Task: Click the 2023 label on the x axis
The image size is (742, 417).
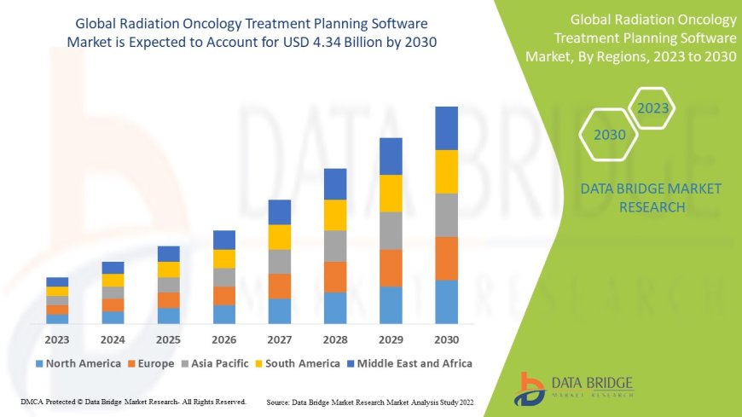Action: click(x=57, y=339)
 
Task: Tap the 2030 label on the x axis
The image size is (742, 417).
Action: click(x=446, y=339)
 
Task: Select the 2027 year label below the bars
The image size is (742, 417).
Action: click(x=279, y=339)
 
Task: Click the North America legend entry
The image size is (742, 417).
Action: click(x=78, y=363)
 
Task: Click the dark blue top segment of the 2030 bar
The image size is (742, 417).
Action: click(x=446, y=128)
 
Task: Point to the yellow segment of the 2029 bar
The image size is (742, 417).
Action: click(x=391, y=193)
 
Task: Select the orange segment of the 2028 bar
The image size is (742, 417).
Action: click(x=335, y=276)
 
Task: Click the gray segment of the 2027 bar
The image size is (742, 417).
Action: click(x=279, y=261)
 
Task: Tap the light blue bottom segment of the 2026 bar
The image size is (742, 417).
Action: click(x=223, y=314)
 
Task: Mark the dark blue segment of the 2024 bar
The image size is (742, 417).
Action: click(x=113, y=268)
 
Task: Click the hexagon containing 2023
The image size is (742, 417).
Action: click(x=652, y=108)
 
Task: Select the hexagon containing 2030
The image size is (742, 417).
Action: click(x=609, y=135)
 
